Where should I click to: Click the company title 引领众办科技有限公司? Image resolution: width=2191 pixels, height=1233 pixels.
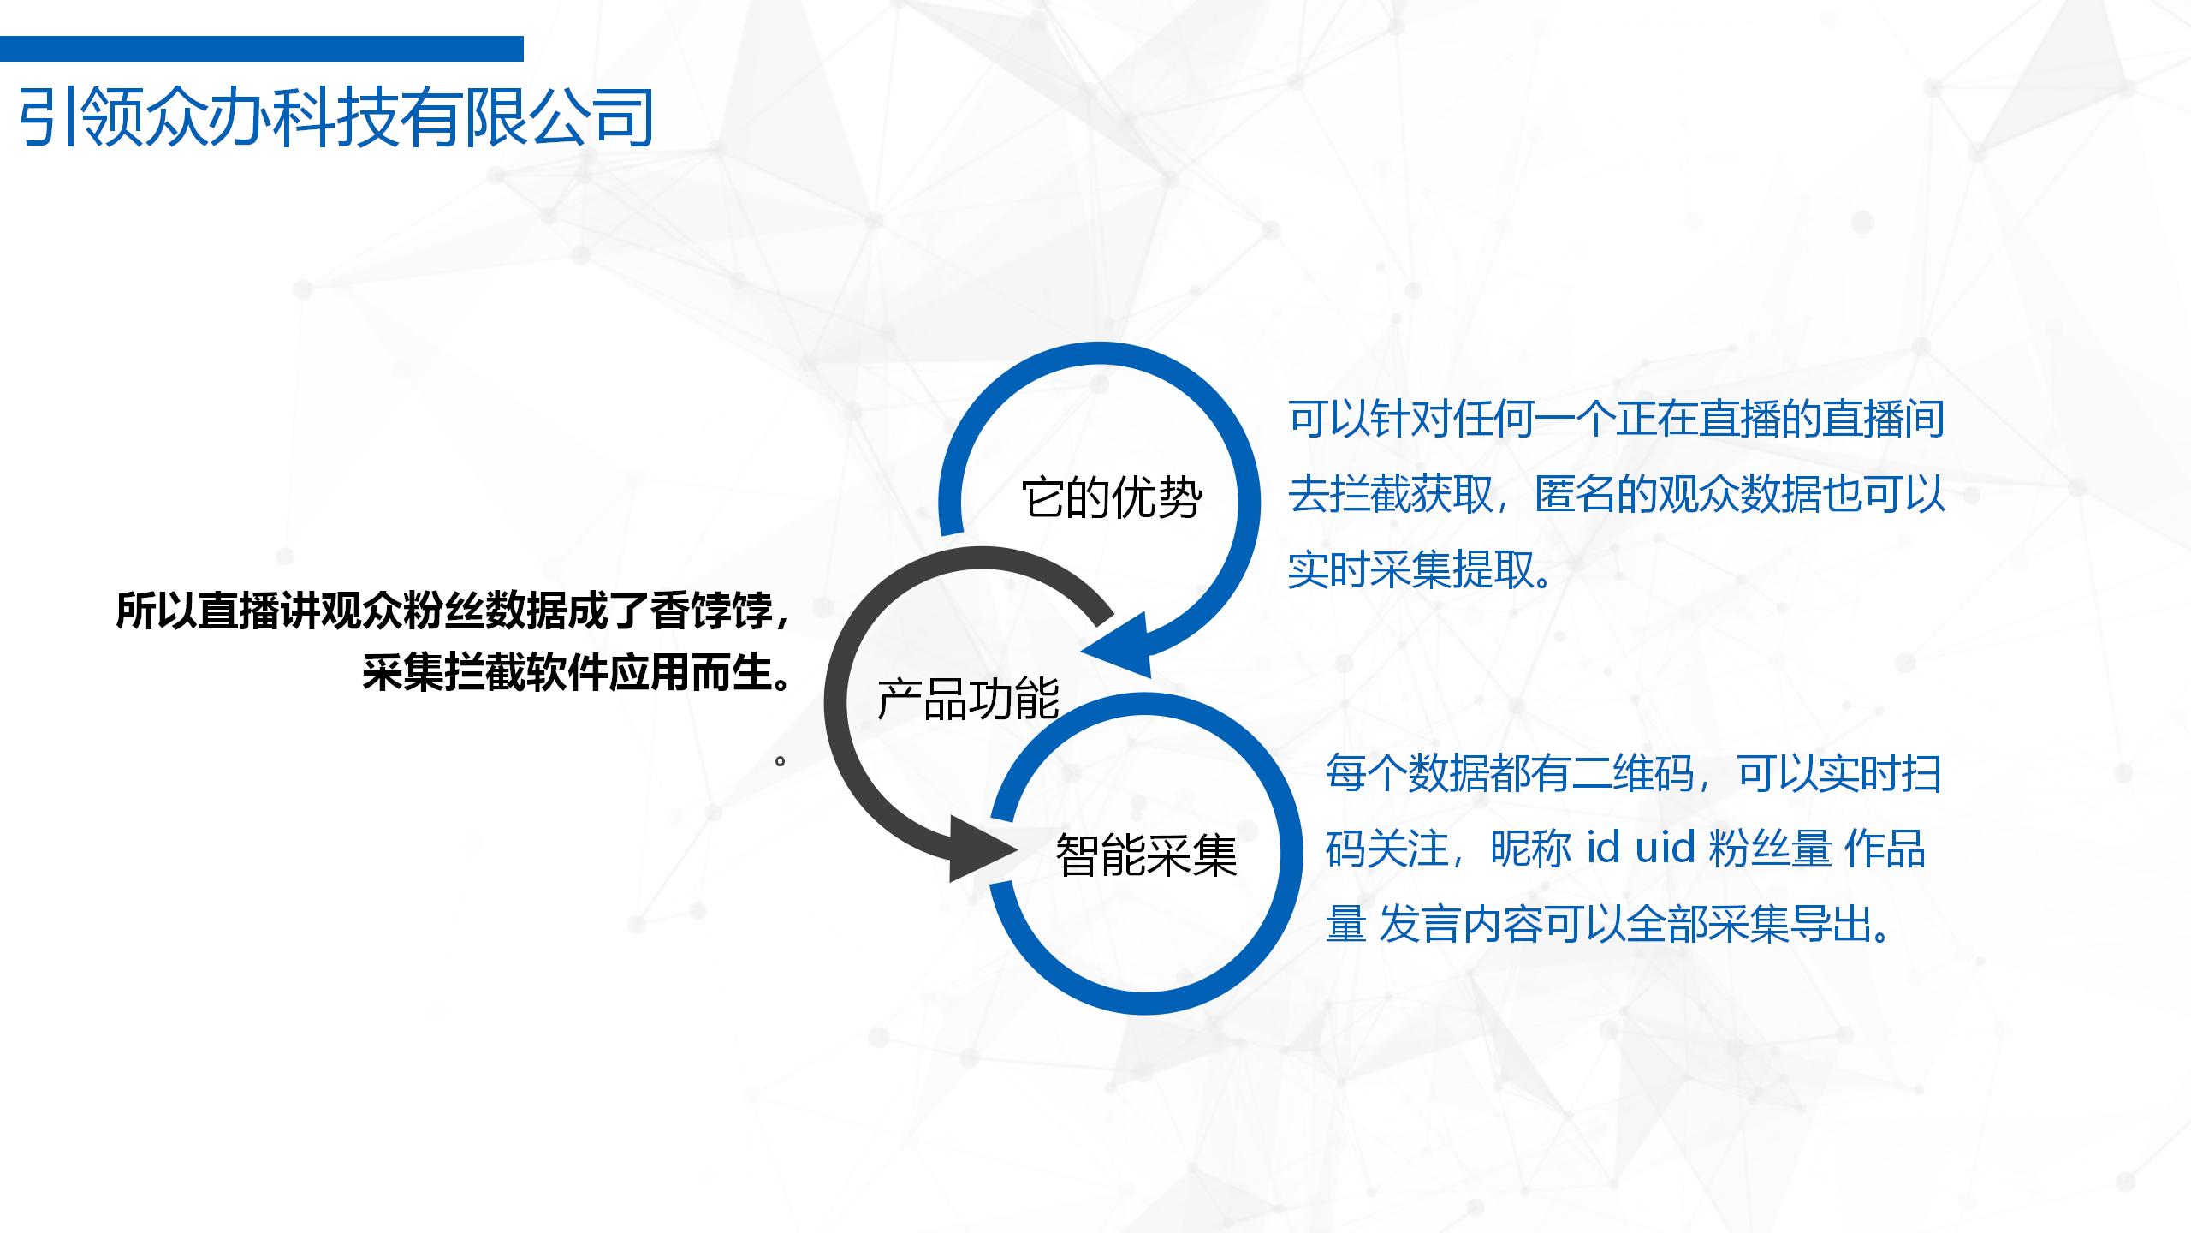(x=335, y=117)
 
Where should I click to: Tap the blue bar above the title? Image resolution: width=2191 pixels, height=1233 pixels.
(x=262, y=49)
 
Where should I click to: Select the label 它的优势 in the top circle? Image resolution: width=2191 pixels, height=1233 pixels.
(x=1112, y=498)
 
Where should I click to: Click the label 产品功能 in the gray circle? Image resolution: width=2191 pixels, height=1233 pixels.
(x=969, y=698)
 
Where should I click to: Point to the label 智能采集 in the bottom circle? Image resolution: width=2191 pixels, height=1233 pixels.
(x=1147, y=855)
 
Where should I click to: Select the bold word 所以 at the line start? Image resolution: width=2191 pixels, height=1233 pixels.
(x=157, y=611)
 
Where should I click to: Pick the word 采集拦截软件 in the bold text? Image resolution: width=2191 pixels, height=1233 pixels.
(x=485, y=672)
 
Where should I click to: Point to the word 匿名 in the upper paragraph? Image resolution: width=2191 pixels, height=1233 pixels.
(x=1576, y=495)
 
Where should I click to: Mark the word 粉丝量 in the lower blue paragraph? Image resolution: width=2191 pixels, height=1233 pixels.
(x=1770, y=849)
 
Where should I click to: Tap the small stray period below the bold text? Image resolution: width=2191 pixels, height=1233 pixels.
(x=780, y=760)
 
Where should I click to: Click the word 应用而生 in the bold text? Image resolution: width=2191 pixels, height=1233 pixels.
(x=692, y=672)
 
